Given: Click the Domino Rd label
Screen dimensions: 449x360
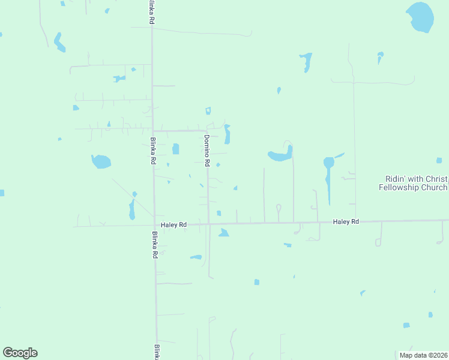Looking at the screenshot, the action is (206, 151).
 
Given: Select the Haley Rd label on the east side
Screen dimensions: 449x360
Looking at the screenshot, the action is (346, 222).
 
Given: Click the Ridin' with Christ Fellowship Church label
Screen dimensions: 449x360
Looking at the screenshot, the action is (413, 183).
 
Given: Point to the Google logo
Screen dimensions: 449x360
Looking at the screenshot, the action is (20, 353).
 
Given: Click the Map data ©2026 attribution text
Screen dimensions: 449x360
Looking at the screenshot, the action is (423, 355).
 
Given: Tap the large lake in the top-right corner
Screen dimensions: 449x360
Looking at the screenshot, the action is (420, 17).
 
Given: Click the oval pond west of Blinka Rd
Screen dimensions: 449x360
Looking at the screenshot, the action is (101, 161).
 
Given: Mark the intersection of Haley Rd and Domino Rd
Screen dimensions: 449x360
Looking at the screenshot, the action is (208, 224).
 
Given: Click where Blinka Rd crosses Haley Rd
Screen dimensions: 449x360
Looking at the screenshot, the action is (154, 225).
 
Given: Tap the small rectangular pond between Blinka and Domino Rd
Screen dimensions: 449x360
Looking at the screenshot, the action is (175, 149).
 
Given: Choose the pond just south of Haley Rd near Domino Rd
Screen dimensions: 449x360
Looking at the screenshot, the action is (223, 233).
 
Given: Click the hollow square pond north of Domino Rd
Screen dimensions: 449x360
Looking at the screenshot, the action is (208, 110).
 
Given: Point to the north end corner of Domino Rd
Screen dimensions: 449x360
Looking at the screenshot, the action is (206, 130).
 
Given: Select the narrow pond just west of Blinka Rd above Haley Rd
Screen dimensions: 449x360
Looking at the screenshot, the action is (132, 209).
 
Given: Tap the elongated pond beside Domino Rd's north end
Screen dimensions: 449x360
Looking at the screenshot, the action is (227, 134).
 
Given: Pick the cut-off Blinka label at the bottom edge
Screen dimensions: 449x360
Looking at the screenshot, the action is (156, 352).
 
